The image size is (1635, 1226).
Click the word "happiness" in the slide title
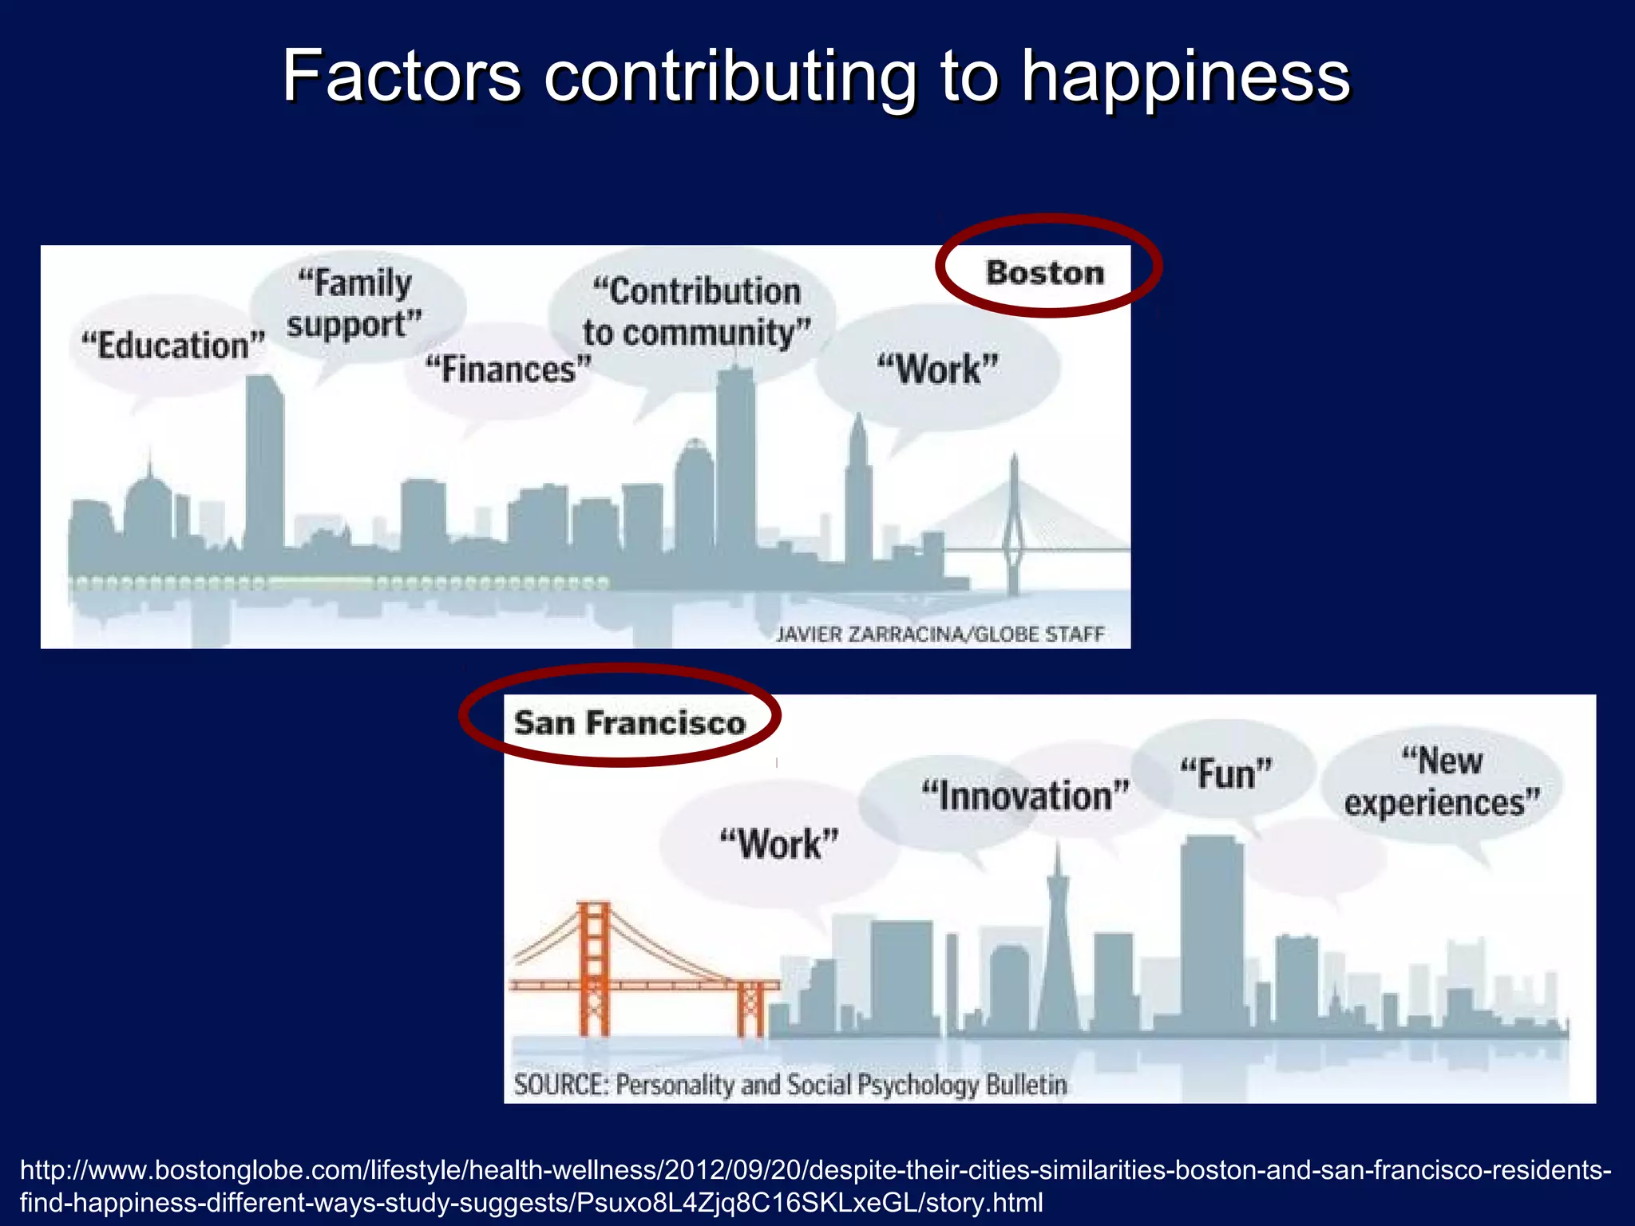pos(1186,77)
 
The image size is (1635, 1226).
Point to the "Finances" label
pos(509,370)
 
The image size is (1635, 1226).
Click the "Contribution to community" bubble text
pos(696,312)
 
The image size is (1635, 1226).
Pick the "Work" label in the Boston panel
pos(938,370)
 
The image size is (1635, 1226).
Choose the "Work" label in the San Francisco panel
pos(779,844)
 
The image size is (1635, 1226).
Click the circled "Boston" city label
pos(1045,273)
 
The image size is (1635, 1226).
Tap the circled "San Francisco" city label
pos(629,723)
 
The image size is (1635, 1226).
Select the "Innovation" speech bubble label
pos(1026,796)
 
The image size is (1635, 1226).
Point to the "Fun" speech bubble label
pos(1226,774)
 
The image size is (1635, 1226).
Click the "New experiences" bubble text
pos(1442,782)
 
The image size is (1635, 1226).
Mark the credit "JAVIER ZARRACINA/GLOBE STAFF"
pos(940,635)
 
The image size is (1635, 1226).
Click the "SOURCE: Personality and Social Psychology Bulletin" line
pos(790,1085)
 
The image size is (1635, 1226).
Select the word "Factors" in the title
pos(402,77)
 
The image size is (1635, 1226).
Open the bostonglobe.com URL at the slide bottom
pos(814,1186)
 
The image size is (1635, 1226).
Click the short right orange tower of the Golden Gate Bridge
pos(750,1008)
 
